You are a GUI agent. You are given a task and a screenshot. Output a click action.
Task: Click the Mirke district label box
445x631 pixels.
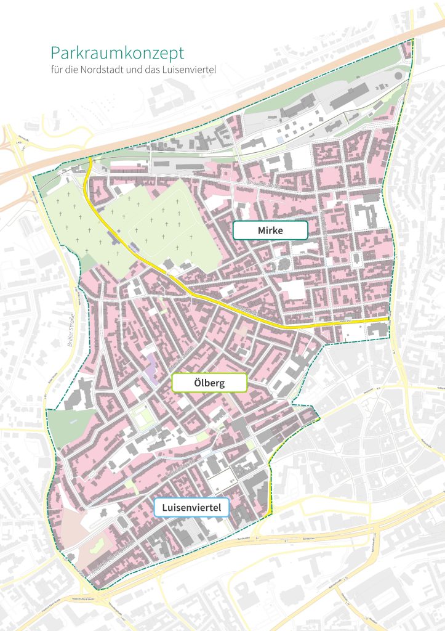(270, 230)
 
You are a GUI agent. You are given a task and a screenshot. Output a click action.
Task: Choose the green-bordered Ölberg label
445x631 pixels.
(209, 383)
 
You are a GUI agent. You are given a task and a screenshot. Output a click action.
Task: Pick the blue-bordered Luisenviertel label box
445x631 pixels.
(191, 508)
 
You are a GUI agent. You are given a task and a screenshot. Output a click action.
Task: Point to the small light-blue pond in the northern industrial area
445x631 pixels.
(281, 140)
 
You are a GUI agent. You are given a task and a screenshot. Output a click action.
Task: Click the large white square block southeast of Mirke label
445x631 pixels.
(294, 289)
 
